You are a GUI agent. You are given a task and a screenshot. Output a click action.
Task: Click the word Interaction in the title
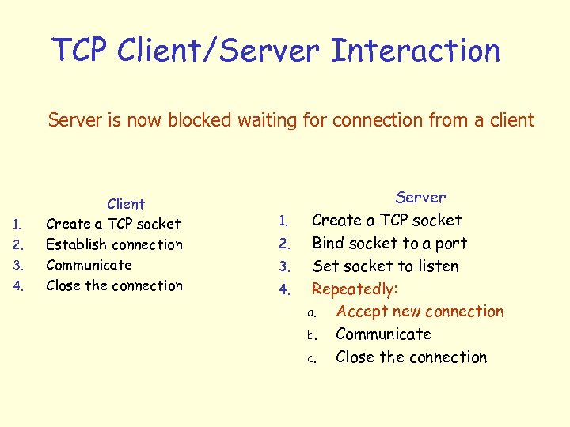coord(416,51)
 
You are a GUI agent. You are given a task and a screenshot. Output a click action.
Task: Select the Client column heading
coord(126,204)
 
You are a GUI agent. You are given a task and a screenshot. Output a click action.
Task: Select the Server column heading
coord(420,197)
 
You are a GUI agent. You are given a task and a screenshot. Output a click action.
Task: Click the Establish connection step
coord(114,244)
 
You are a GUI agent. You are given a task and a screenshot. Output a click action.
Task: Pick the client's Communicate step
coord(89,265)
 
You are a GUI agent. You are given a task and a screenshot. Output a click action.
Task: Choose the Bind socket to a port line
coord(389,243)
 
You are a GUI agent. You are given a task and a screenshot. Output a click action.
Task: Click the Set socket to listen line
coord(385,266)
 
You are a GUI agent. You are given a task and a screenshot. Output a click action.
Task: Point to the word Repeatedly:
coord(355,289)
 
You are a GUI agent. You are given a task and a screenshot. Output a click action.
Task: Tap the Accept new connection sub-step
coord(419,312)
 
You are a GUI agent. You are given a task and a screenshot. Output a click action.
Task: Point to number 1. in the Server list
coord(286,221)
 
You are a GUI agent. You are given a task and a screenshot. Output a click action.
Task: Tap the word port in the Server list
coord(451,244)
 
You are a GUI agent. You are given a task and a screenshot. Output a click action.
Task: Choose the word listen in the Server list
coord(438,266)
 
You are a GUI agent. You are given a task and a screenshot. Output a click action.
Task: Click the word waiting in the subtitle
coord(280,120)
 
